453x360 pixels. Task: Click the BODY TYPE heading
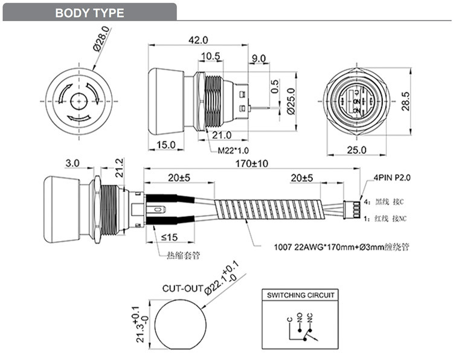89,13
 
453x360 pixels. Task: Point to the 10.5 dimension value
210,57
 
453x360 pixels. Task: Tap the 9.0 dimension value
258,58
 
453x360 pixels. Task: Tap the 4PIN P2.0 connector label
394,179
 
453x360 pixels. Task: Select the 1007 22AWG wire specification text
339,246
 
